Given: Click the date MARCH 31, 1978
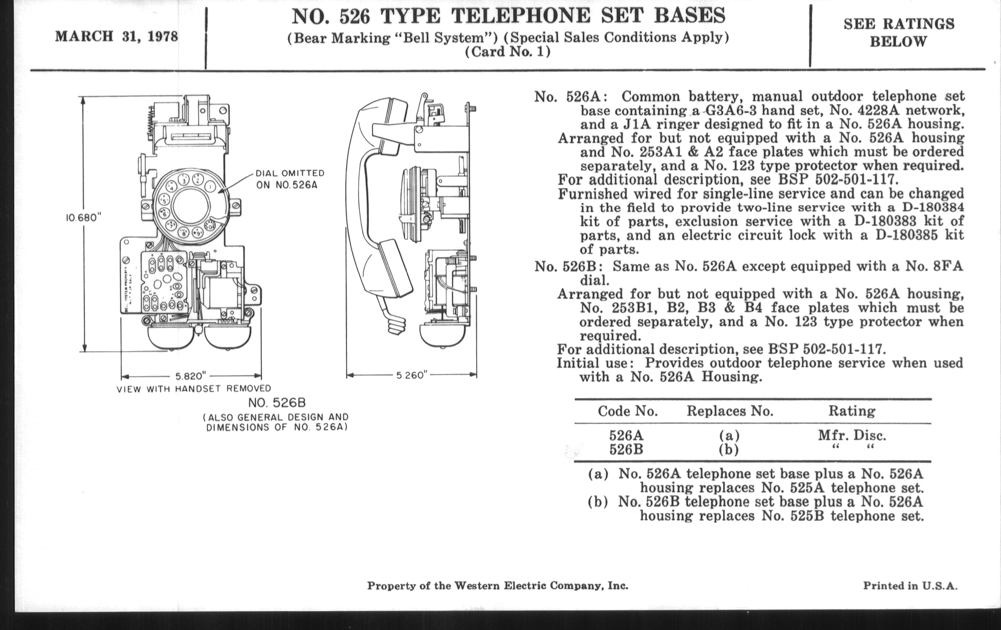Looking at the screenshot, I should click(117, 37).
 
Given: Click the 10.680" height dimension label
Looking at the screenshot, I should click(84, 218).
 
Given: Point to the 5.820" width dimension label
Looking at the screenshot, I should click(191, 376).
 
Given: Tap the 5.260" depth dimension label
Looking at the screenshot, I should click(412, 376).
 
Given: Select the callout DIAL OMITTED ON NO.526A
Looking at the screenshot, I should click(290, 179).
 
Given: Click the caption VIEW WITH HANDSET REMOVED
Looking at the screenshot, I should click(194, 389).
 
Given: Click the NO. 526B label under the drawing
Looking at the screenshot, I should click(277, 403).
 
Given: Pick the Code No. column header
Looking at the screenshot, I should click(628, 411).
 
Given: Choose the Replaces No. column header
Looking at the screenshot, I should click(730, 411).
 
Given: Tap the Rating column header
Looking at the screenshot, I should click(852, 411).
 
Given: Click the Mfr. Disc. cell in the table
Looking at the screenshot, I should click(852, 435).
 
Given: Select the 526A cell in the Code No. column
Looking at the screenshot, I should click(626, 435).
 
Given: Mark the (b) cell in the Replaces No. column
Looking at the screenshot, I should click(729, 450).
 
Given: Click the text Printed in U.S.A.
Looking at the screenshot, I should click(910, 586).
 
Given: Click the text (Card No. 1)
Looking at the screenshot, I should click(508, 52).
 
